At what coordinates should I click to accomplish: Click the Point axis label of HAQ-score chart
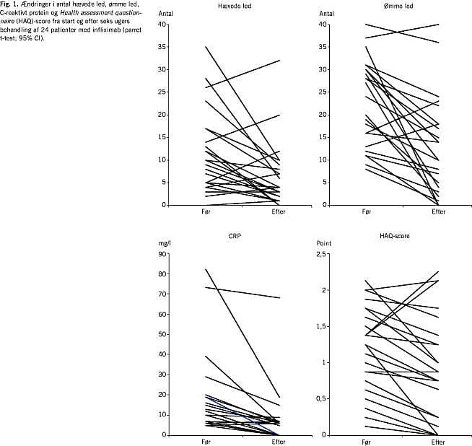[x=325, y=244]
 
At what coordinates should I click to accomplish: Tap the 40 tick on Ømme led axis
[x=323, y=25]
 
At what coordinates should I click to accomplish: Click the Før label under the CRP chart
[x=205, y=441]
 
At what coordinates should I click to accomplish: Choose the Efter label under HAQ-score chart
[x=437, y=441]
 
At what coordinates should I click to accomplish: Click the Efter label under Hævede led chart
[x=279, y=211]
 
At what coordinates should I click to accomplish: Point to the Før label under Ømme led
[x=366, y=211]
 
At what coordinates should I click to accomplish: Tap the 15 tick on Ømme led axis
[x=323, y=137]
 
